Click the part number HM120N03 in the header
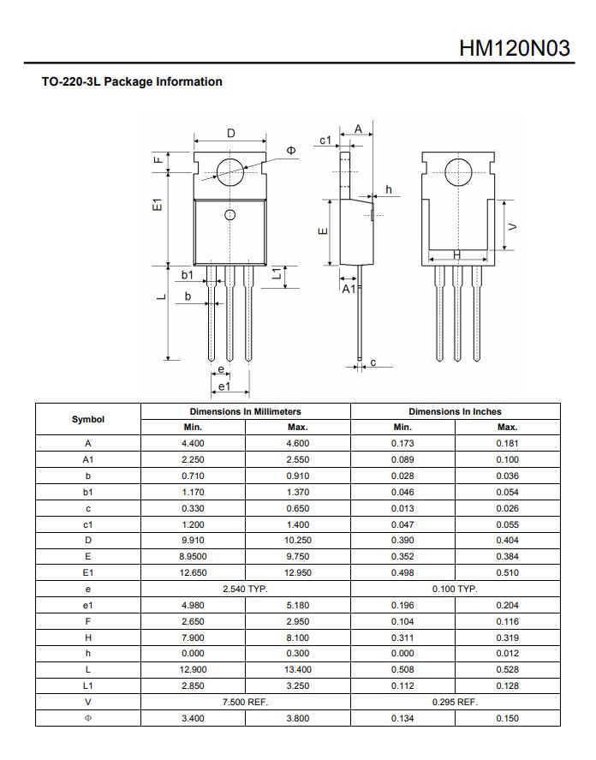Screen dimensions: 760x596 pyautogui.click(x=514, y=47)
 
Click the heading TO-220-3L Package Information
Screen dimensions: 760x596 pyautogui.click(x=132, y=82)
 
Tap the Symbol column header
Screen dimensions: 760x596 pyautogui.click(x=88, y=419)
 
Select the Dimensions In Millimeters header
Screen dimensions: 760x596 pyautogui.click(x=245, y=411)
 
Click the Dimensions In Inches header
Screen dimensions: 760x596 pyautogui.click(x=455, y=411)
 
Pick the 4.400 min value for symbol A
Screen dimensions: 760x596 pyautogui.click(x=193, y=444)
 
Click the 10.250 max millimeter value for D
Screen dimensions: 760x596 pyautogui.click(x=297, y=541)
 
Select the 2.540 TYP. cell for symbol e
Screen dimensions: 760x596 pyautogui.click(x=245, y=589)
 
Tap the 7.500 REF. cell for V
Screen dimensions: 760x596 pyautogui.click(x=245, y=703)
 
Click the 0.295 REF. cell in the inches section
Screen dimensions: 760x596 pyautogui.click(x=455, y=703)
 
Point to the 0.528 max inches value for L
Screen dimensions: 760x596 pyautogui.click(x=507, y=670)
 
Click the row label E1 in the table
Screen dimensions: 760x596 pyautogui.click(x=88, y=573)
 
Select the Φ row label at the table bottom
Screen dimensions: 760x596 pyautogui.click(x=88, y=719)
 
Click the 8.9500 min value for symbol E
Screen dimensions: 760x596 pyautogui.click(x=193, y=557)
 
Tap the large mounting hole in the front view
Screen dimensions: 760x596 pyautogui.click(x=229, y=171)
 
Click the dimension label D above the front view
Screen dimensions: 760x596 pyautogui.click(x=230, y=134)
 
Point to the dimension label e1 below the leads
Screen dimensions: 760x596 pyautogui.click(x=224, y=387)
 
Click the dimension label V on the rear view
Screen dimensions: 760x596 pyautogui.click(x=512, y=226)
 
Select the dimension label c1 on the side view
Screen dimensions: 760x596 pyautogui.click(x=325, y=139)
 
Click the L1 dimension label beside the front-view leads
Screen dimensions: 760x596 pyautogui.click(x=276, y=276)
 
